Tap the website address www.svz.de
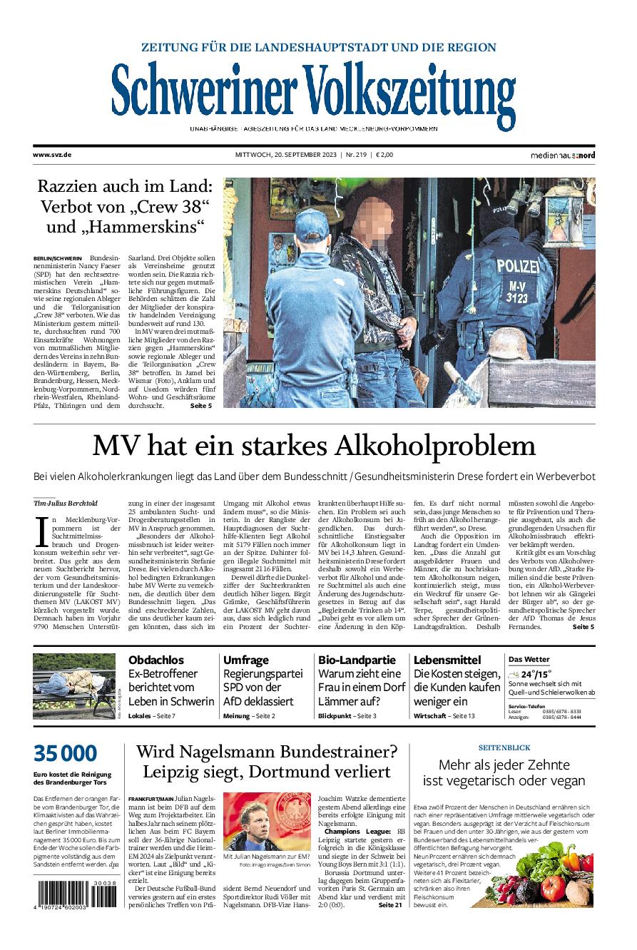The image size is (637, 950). [x=51, y=154]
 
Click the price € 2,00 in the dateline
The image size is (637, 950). [x=384, y=154]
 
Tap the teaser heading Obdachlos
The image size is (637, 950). [x=156, y=660]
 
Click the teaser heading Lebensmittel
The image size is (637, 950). [x=447, y=660]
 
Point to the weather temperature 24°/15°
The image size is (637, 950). [x=536, y=674]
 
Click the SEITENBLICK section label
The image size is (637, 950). [x=504, y=747]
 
